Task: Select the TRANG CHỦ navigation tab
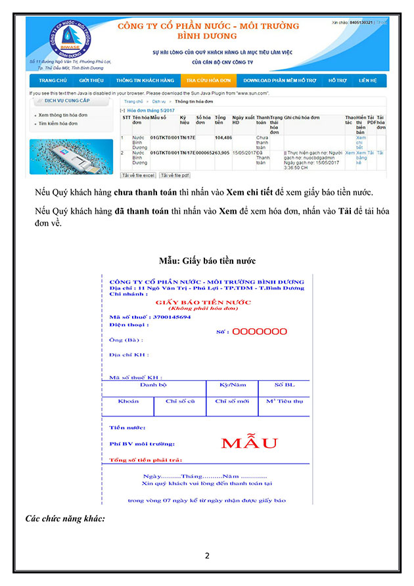click(x=53, y=80)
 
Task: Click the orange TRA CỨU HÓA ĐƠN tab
click(x=208, y=80)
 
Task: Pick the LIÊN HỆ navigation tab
click(x=368, y=80)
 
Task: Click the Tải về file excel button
click(x=138, y=176)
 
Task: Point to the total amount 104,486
click(x=223, y=137)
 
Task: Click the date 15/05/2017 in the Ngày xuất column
click(x=243, y=153)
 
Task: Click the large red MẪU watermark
click(x=249, y=443)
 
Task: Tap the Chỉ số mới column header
click(x=232, y=401)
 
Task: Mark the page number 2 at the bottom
click(x=207, y=556)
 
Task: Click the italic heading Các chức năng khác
click(x=65, y=518)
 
